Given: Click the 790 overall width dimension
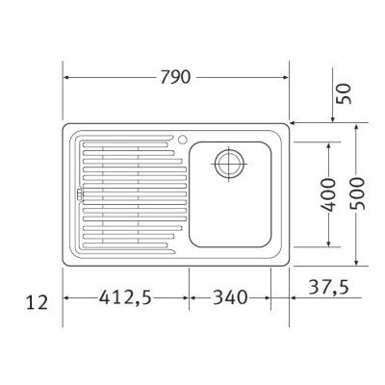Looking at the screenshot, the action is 175,77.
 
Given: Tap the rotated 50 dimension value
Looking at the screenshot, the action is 344,93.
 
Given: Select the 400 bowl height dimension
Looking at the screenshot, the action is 328,194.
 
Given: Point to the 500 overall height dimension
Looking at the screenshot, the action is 357,193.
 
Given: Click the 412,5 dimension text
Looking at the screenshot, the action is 125,297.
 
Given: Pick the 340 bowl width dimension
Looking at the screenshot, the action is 230,297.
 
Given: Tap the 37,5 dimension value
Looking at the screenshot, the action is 328,287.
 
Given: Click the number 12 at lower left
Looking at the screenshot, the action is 37,302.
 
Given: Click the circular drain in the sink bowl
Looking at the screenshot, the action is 229,164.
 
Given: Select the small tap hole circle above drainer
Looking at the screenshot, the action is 182,140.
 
